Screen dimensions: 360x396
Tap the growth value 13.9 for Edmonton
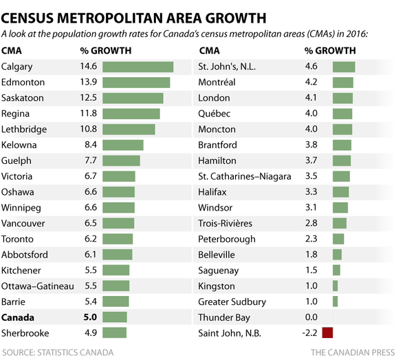90,83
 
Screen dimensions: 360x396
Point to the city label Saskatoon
23,98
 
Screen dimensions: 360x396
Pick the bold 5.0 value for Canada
90,317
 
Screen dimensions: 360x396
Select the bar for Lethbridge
130,129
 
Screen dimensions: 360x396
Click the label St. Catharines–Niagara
244,176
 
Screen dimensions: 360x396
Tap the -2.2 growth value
310,333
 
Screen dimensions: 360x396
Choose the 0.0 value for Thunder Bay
311,317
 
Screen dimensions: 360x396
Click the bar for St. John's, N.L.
344,67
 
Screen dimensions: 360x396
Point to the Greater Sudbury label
231,301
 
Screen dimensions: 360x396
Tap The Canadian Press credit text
351,352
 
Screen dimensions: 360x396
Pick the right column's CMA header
208,50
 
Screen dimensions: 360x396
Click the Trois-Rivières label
225,223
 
